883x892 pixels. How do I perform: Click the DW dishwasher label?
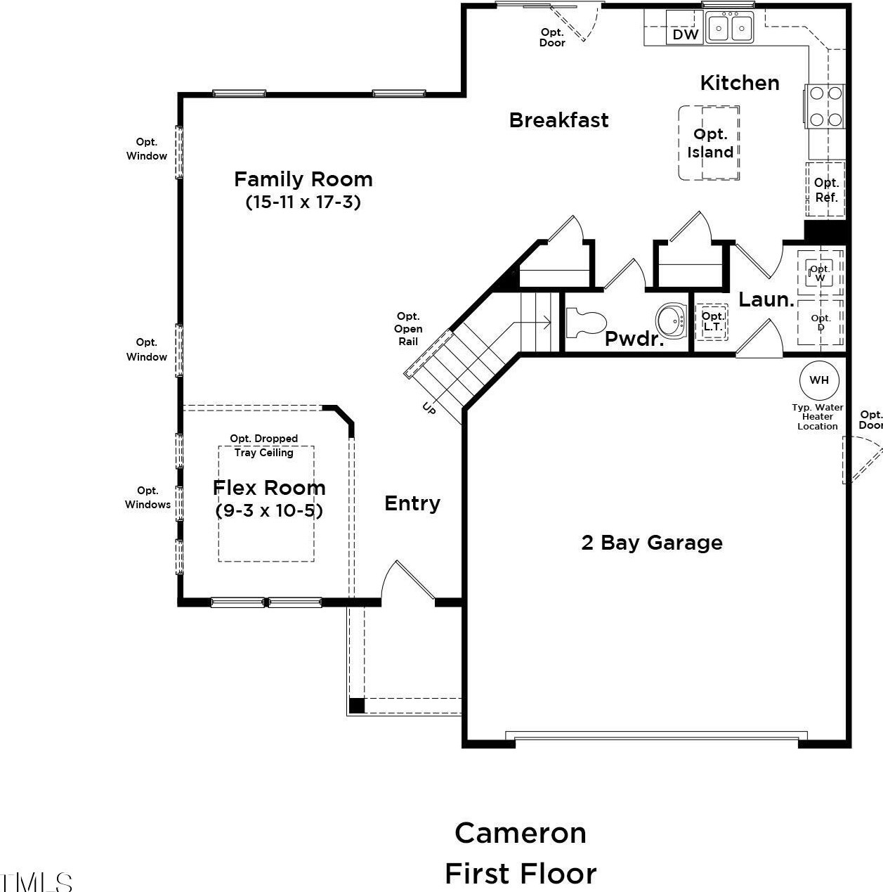click(x=686, y=34)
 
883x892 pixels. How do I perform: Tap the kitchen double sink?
click(x=730, y=27)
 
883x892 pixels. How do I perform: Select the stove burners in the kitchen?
click(x=825, y=106)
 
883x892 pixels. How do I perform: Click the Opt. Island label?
click(x=710, y=143)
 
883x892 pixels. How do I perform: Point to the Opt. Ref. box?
click(x=825, y=189)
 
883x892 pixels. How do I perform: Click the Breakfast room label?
click(x=558, y=120)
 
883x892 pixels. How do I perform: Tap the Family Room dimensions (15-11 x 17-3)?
click(x=303, y=202)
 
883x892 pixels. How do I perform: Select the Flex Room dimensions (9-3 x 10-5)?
click(x=269, y=510)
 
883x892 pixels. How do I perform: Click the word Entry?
click(x=412, y=503)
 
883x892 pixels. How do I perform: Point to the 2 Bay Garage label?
click(x=652, y=543)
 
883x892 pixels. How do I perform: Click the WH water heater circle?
click(x=819, y=380)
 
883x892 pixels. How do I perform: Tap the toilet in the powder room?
click(x=586, y=322)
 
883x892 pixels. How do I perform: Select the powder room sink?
click(x=671, y=320)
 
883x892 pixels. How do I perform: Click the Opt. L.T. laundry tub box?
click(x=712, y=322)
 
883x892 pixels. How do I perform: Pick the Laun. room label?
click(x=766, y=300)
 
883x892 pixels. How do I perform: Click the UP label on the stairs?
click(x=429, y=408)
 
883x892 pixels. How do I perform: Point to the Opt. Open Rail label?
click(x=408, y=329)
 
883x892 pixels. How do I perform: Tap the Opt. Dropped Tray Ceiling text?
click(x=264, y=446)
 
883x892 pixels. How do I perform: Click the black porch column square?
click(x=356, y=706)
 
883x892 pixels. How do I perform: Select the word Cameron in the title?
click(x=521, y=833)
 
